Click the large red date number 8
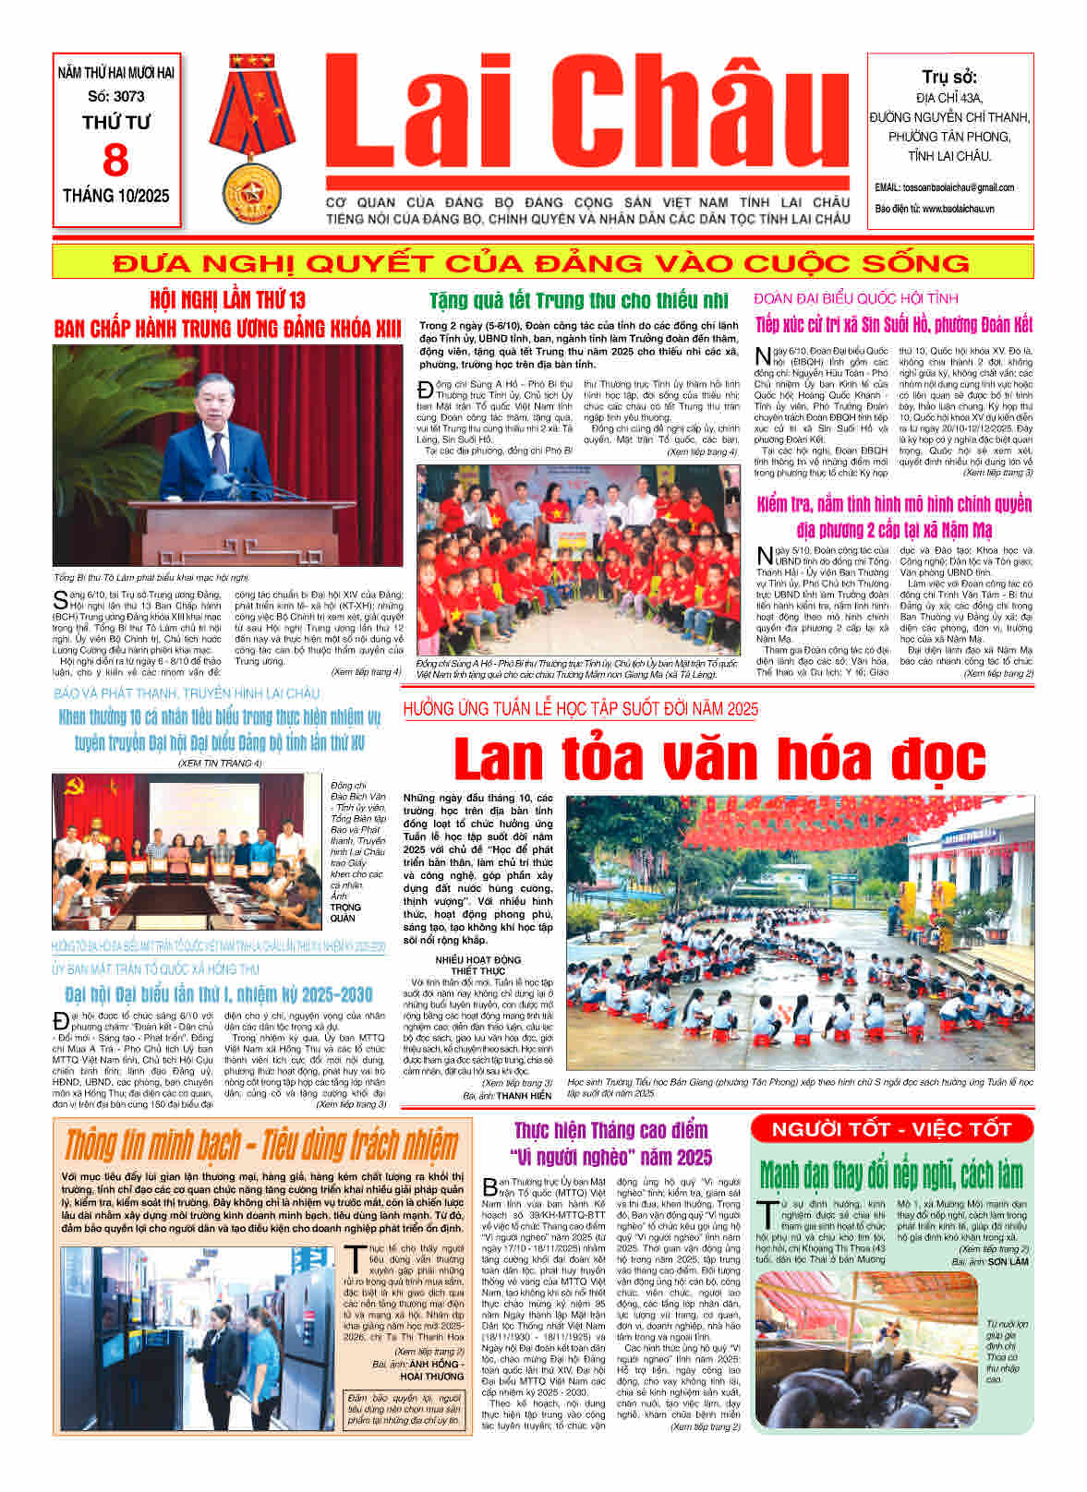pos(115,161)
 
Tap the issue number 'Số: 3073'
pos(116,96)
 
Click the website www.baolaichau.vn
pos(958,210)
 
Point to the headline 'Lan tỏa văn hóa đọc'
pos(719,759)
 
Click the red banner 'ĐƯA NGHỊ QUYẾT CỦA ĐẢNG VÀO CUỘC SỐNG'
pos(542,263)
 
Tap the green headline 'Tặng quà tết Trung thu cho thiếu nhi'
pos(578,301)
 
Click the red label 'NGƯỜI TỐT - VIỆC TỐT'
pos(891,1129)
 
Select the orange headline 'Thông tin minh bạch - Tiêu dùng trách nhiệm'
pos(261,1145)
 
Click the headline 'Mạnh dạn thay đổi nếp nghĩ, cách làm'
pos(891,1175)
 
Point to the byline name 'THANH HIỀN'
pos(524,1096)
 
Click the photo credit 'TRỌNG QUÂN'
pos(344,912)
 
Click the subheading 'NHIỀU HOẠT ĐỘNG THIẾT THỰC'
pos(478,966)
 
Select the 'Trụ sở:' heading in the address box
pos(949,78)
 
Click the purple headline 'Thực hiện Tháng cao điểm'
pos(610,1130)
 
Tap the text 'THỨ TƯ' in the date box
pos(116,122)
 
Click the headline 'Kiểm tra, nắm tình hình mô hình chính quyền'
pos(893,504)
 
